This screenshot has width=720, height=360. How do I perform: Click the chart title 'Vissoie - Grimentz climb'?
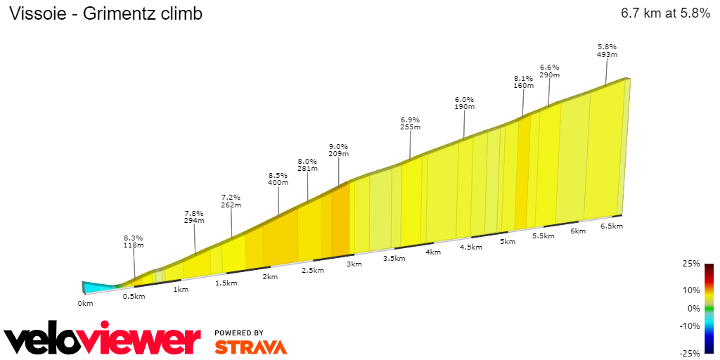click(105, 13)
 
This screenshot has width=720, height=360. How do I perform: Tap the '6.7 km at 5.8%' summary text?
click(665, 13)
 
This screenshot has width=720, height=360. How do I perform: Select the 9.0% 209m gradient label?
click(339, 150)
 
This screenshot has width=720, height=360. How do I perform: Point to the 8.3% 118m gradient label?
click(134, 241)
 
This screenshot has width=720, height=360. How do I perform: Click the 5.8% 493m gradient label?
click(607, 50)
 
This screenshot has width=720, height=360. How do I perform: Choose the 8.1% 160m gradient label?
click(524, 82)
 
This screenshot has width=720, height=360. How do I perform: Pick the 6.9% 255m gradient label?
click(410, 123)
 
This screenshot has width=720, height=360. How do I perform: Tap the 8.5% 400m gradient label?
click(278, 179)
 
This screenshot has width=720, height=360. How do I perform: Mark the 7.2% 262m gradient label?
click(231, 201)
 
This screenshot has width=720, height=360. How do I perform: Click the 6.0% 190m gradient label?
click(465, 103)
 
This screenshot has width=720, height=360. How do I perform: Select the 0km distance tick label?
click(85, 304)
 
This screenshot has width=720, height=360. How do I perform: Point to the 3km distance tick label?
click(354, 264)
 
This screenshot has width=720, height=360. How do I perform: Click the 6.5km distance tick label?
click(612, 226)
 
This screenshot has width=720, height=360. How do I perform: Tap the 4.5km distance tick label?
click(471, 247)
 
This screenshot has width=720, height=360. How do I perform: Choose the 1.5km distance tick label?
click(226, 283)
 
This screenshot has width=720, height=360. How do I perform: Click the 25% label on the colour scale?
click(691, 264)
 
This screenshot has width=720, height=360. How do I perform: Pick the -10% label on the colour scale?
click(690, 326)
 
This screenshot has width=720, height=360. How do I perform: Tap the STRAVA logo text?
click(250, 347)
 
